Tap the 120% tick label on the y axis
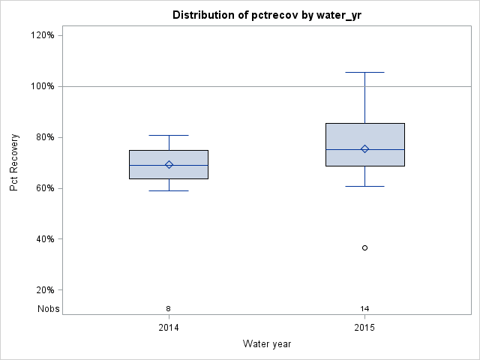[x=43, y=35]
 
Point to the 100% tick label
[x=43, y=86]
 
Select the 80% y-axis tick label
[x=45, y=137]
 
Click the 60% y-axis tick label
[x=45, y=188]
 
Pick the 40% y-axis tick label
[x=45, y=239]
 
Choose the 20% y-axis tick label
[x=45, y=290]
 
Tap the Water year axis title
[x=267, y=344]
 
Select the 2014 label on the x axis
[x=169, y=328]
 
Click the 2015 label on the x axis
[x=365, y=328]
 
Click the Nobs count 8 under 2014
[x=169, y=308]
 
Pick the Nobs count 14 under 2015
[x=365, y=308]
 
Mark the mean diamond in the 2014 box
[x=169, y=165]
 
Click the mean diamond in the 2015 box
[x=365, y=148]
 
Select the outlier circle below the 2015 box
[x=365, y=247]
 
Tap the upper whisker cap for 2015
[x=365, y=73]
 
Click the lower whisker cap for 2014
[x=169, y=190]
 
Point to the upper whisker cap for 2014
[x=169, y=135]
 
